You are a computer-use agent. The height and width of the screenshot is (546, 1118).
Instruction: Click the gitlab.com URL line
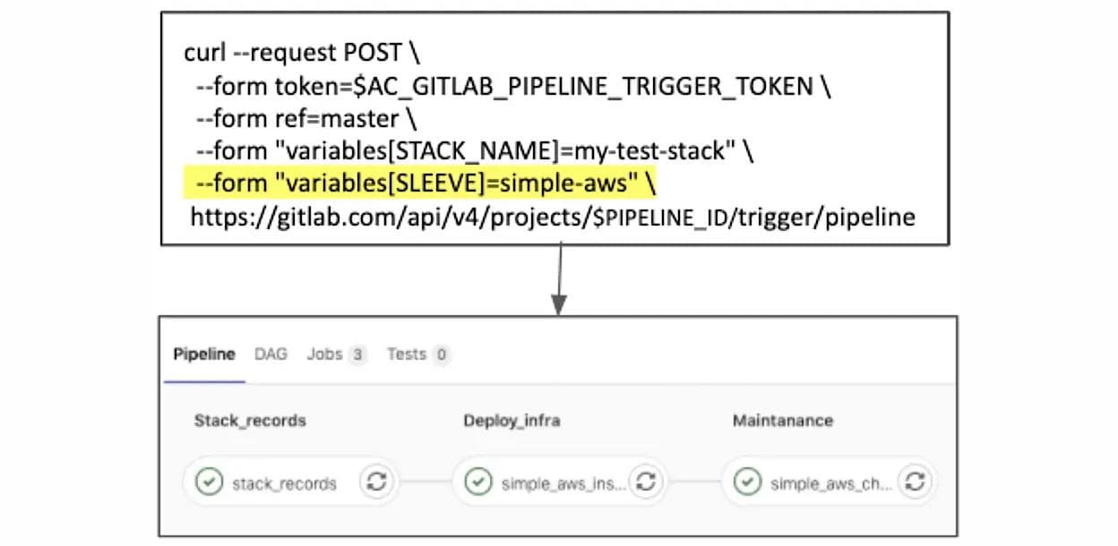552,217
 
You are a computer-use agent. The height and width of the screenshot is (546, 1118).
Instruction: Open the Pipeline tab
204,354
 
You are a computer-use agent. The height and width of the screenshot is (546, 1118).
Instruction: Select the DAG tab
271,354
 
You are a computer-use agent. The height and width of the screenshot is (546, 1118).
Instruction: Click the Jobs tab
324,354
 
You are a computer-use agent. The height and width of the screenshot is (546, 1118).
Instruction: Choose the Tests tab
407,354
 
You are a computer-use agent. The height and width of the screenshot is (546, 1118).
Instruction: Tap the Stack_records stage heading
250,421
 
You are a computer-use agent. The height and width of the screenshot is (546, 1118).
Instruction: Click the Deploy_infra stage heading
512,421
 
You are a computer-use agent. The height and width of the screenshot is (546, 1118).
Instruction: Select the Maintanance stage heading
783,421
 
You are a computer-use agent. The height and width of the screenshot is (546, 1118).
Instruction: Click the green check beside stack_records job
209,483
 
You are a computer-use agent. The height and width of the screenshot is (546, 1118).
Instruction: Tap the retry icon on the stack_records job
377,482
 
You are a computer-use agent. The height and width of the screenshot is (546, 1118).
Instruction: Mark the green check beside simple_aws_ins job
478,483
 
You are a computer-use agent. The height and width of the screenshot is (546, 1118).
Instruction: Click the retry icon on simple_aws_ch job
915,482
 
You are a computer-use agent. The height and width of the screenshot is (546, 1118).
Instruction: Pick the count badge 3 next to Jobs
357,355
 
